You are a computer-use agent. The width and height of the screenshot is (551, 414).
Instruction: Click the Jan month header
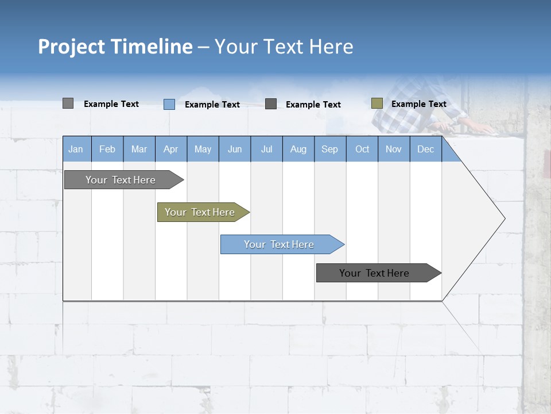pos(76,149)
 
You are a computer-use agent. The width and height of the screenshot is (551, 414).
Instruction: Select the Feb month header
pos(107,149)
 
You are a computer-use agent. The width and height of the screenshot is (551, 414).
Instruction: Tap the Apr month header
pos(170,149)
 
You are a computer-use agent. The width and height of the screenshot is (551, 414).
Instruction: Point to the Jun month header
pos(235,149)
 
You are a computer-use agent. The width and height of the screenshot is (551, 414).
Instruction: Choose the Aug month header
pos(298,149)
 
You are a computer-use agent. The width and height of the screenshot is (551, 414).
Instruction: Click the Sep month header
pos(329,149)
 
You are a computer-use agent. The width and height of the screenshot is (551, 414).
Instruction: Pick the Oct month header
pos(362,149)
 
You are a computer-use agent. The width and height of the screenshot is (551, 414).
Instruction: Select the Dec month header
pos(425,149)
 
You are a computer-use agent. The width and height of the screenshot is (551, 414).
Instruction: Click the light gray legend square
pos(68,103)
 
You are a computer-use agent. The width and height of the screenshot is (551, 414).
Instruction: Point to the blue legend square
pos(169,104)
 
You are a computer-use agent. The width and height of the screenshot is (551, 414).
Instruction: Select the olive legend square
pos(377,103)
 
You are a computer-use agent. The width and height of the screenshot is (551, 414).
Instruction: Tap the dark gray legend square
pos(271,103)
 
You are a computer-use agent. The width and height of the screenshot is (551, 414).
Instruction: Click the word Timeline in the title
pos(151,47)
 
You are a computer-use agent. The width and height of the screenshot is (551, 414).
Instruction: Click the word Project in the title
pos(71,47)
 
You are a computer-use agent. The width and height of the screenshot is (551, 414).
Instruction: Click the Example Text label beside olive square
pos(418,104)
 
